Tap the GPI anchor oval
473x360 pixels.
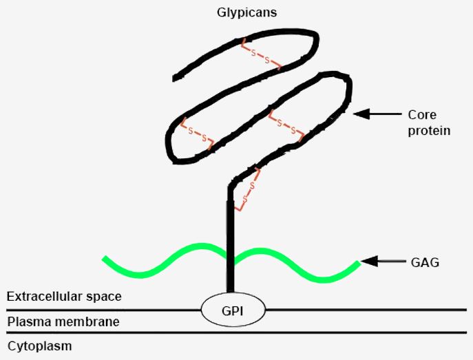233,310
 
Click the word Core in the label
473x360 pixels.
422,114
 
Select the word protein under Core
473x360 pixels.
429,129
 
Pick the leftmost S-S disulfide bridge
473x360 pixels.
197,134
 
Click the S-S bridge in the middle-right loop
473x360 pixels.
286,125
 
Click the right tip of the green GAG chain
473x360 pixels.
357,263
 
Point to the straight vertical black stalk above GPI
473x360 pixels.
230,241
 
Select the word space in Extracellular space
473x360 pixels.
105,297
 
